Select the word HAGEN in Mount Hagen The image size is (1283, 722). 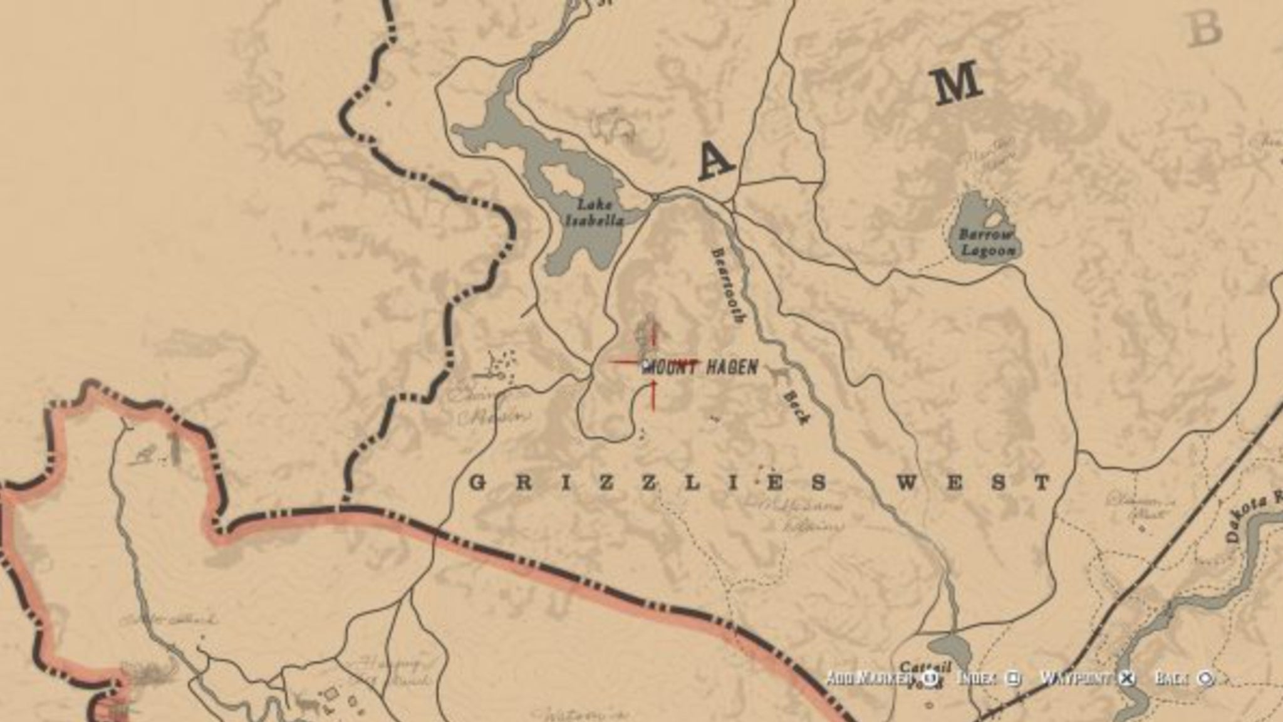[732, 367]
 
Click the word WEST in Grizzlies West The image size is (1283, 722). [973, 483]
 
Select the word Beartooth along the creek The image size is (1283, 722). [727, 284]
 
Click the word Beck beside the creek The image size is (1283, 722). [794, 407]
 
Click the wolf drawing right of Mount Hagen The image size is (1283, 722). [779, 374]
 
